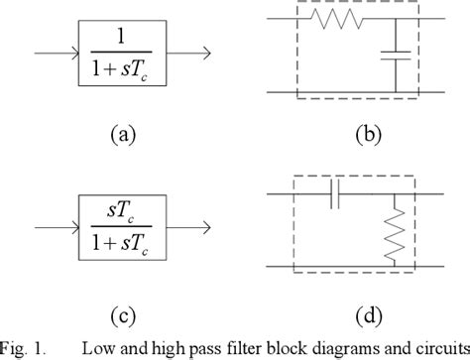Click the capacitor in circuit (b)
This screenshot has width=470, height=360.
395,54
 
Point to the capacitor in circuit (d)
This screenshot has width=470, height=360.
334,196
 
